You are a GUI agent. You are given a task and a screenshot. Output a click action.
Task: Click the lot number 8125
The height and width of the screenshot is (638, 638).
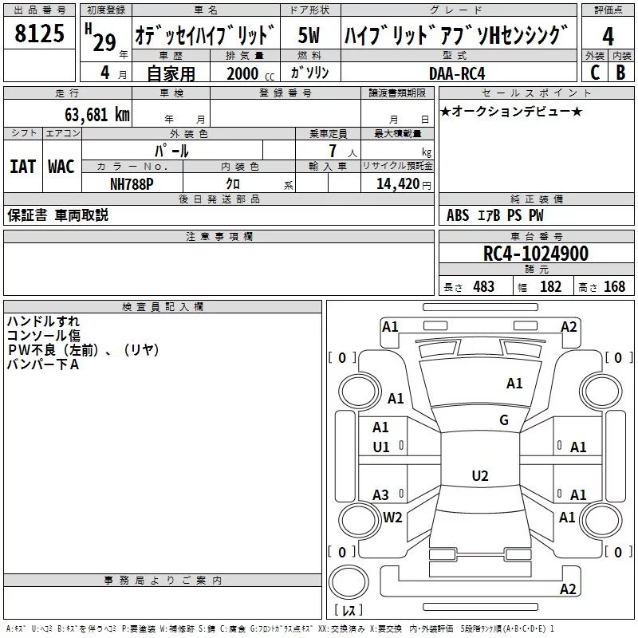pyautogui.click(x=39, y=35)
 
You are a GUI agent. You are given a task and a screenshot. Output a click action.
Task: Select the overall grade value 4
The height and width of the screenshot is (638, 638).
pyautogui.click(x=608, y=37)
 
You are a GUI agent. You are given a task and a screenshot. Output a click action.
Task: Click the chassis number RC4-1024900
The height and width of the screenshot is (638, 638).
pyautogui.click(x=536, y=254)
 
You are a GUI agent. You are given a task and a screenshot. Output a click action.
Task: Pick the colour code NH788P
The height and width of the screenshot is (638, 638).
pyautogui.click(x=132, y=183)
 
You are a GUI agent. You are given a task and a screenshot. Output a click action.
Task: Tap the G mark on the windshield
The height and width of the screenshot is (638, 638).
pyautogui.click(x=503, y=420)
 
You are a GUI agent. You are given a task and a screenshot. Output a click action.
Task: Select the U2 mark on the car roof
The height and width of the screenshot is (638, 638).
pyautogui.click(x=479, y=476)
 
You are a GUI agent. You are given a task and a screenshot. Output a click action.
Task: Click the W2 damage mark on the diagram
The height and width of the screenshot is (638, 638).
pyautogui.click(x=392, y=517)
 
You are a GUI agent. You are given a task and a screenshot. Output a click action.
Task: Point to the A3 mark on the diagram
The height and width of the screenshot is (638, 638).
pyautogui.click(x=381, y=495)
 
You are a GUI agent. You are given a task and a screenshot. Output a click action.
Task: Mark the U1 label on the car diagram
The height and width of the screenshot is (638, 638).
pyautogui.click(x=381, y=447)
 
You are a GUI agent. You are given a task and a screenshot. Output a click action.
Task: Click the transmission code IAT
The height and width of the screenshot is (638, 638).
pyautogui.click(x=22, y=167)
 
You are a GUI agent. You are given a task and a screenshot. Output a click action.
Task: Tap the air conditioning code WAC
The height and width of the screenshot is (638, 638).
pyautogui.click(x=61, y=167)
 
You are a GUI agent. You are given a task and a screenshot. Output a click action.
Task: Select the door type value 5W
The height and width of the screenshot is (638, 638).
pyautogui.click(x=309, y=36)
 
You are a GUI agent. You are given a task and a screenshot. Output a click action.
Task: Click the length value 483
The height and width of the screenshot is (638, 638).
pyautogui.click(x=483, y=286)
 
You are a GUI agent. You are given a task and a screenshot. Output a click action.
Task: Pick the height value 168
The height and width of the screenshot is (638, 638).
pyautogui.click(x=614, y=286)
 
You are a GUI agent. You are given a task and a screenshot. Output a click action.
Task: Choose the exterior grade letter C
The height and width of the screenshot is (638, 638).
pyautogui.click(x=594, y=72)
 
